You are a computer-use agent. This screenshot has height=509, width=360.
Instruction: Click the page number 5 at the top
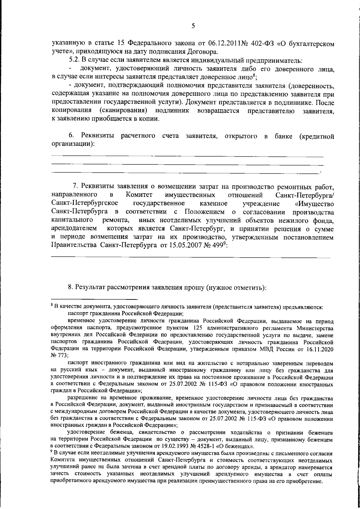pyautogui.click(x=193, y=26)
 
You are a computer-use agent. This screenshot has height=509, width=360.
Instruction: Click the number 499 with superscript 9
pyautogui.click(x=218, y=245)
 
